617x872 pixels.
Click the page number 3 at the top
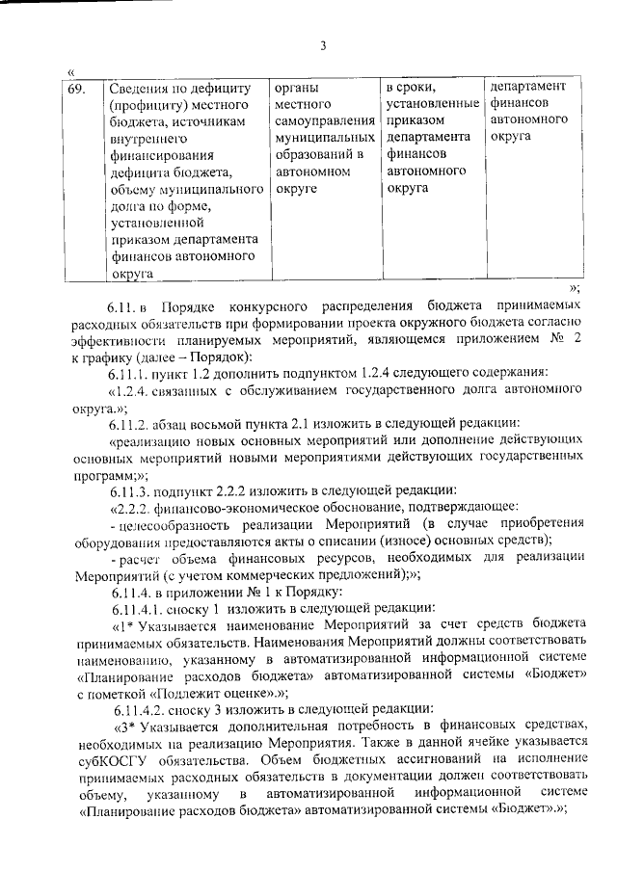(323, 45)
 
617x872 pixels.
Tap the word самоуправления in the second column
(324, 120)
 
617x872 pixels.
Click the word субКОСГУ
(112, 754)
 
